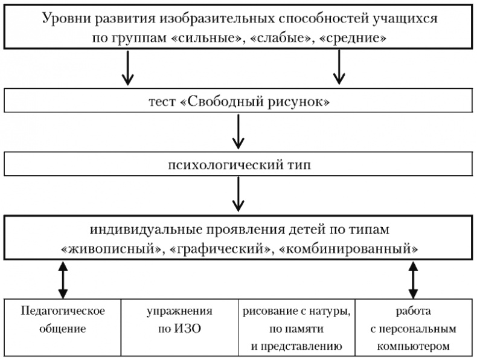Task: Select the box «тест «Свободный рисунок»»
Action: click(238, 101)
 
